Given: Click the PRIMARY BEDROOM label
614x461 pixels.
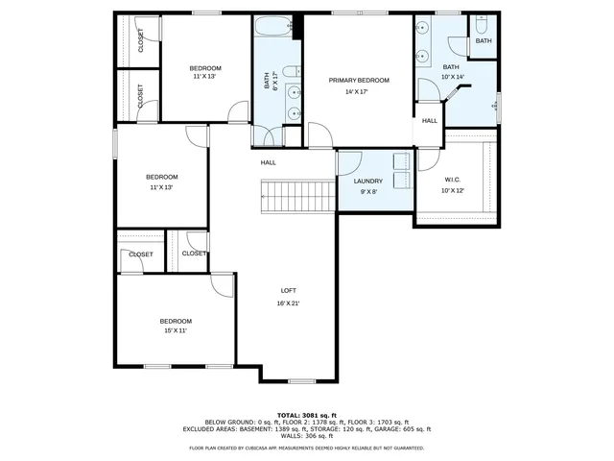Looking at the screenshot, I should (359, 81).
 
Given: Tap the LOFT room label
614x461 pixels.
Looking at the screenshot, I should (288, 290).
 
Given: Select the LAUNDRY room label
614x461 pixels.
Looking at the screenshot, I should (367, 181).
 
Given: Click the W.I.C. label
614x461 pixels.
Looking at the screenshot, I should (452, 180).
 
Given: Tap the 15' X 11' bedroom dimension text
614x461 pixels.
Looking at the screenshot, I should (175, 330).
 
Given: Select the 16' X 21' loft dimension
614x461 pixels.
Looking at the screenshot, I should (288, 303).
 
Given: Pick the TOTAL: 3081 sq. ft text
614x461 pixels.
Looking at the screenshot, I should (307, 414).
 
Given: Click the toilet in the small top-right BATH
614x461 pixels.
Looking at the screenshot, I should (484, 24).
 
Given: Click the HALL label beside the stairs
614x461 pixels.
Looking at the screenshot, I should (269, 162).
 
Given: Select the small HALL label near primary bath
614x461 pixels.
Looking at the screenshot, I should (430, 121).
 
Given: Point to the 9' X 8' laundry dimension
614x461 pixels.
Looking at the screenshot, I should (367, 191).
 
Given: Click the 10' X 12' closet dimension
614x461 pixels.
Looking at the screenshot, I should (452, 190).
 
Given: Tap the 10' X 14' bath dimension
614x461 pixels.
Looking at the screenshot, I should (452, 77).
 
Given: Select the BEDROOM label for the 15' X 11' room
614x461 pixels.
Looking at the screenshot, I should (175, 321).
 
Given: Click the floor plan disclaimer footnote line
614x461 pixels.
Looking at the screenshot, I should (307, 448).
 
